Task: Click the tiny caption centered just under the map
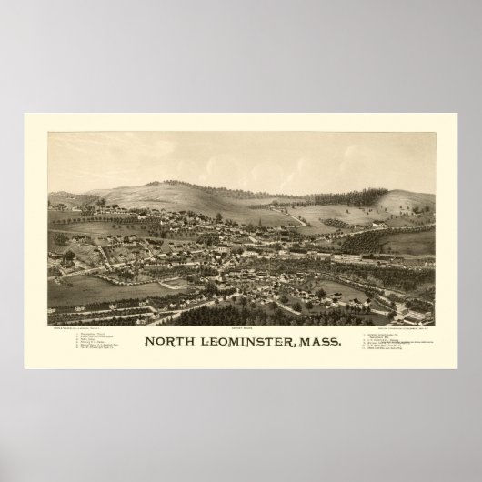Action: pos(241,329)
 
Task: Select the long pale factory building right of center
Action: pos(350,258)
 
